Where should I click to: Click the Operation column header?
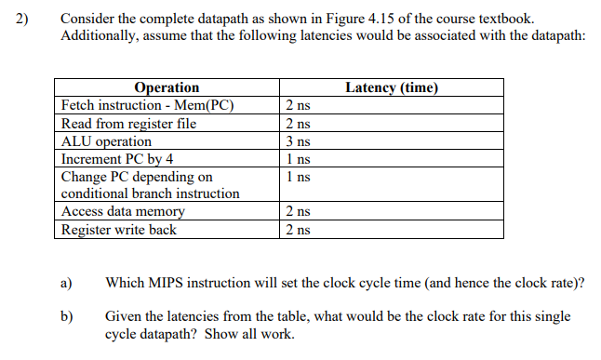pos(167,87)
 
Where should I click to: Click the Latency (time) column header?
pos(391,87)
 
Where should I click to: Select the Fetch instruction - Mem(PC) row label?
pos(146,104)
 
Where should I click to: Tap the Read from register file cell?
pos(128,123)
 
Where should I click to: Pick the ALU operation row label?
pos(106,141)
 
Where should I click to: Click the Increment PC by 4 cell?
pos(117,158)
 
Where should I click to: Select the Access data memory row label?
pos(123,212)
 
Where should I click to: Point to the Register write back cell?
pos(118,230)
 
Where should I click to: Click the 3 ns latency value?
pos(298,141)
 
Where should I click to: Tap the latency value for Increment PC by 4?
pos(298,158)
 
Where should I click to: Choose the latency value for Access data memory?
pos(298,212)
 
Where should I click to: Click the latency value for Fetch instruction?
pos(298,104)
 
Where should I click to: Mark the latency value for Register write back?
pos(298,230)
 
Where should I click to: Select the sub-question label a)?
pos(67,282)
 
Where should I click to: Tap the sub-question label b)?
pos(67,316)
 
